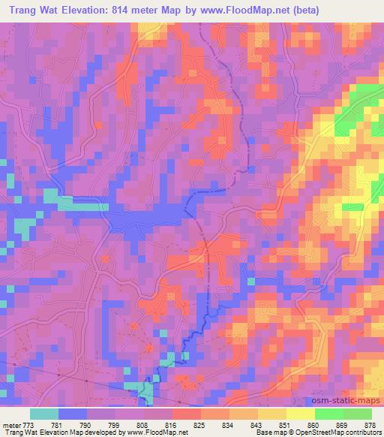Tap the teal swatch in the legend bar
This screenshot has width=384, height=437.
tap(44, 414)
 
